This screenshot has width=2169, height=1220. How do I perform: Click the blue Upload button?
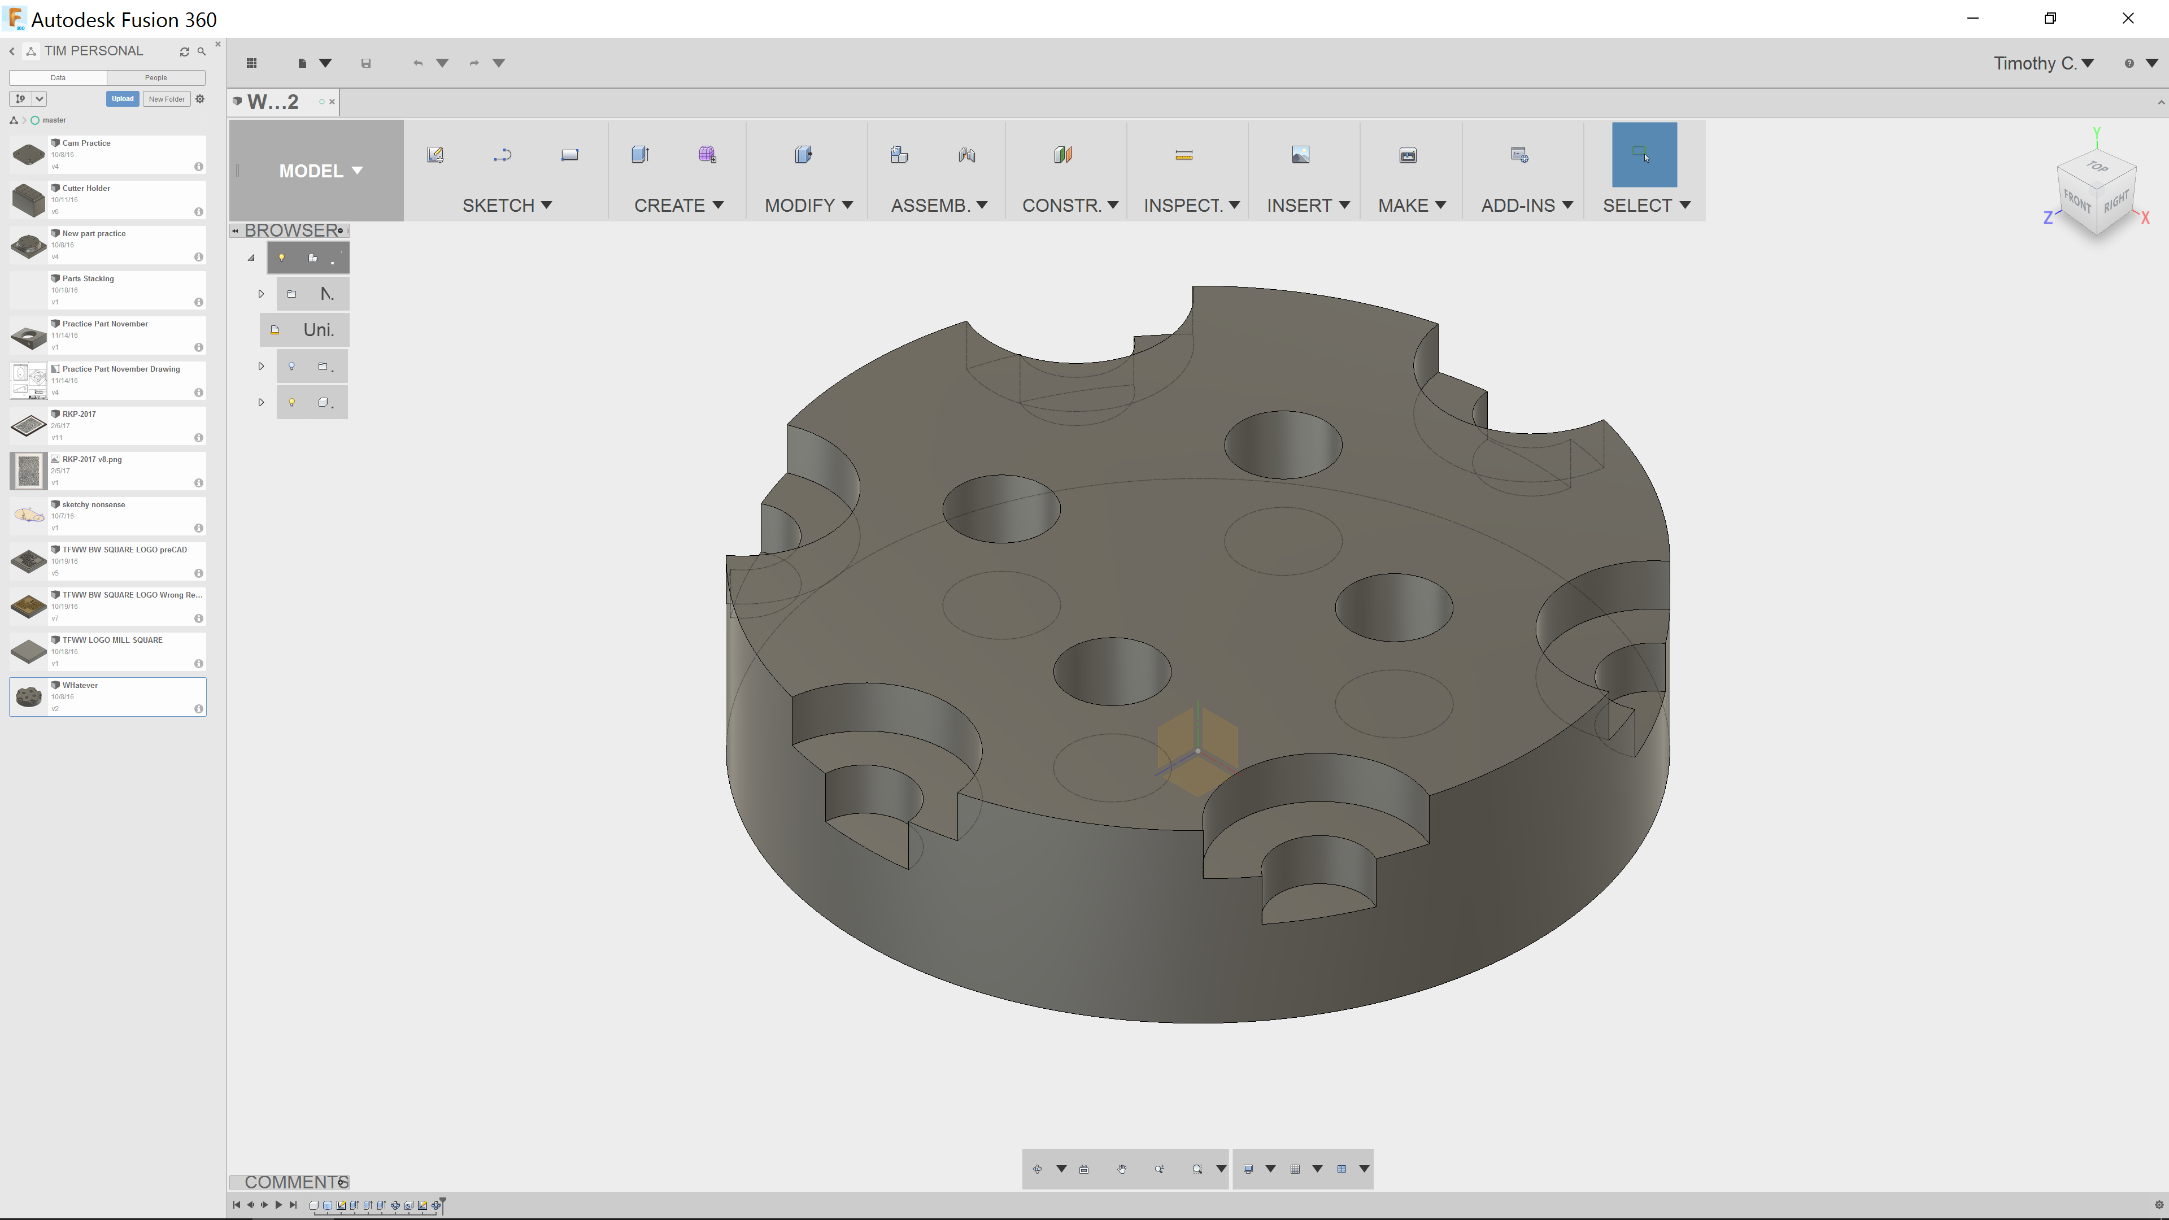point(122,98)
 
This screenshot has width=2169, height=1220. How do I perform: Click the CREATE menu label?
point(678,206)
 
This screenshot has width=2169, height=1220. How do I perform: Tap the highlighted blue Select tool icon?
point(1644,155)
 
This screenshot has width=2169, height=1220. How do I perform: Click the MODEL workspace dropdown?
point(320,171)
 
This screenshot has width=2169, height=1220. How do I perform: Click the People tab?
point(156,77)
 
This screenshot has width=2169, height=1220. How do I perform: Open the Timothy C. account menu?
point(2042,63)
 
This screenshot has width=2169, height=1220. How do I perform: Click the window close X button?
point(2128,19)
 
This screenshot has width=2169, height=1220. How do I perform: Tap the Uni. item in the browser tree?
point(317,330)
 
